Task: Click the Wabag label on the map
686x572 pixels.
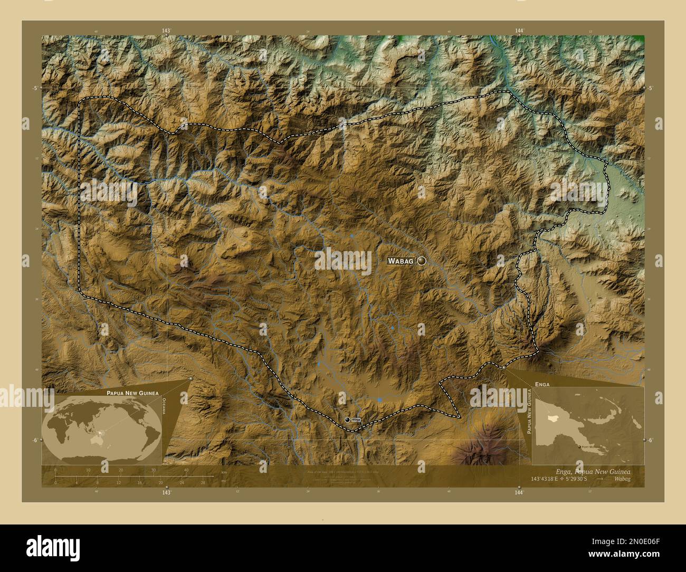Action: point(400,261)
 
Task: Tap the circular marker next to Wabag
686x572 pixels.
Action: point(422,260)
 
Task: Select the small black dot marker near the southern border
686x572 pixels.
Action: point(347,420)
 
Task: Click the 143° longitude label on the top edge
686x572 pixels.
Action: point(167,31)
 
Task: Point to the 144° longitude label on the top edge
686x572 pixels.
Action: point(519,31)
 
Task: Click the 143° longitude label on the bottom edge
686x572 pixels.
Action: point(167,492)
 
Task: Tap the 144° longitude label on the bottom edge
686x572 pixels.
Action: point(519,492)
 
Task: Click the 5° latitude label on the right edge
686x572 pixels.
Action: point(651,88)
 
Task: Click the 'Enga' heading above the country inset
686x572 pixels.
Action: point(542,385)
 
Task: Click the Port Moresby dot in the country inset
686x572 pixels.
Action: point(580,446)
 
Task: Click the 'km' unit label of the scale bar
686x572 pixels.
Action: point(224,471)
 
